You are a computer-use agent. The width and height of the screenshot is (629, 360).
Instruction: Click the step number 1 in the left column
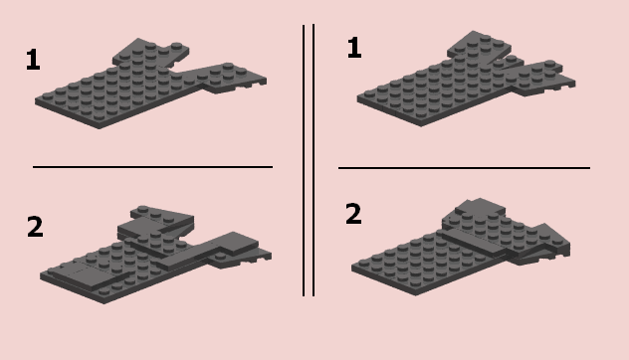click(33, 60)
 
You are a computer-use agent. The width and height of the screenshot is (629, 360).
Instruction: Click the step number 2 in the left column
click(35, 227)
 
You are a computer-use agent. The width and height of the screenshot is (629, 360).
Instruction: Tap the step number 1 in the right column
click(354, 48)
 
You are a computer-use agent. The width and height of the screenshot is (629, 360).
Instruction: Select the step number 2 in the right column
click(353, 214)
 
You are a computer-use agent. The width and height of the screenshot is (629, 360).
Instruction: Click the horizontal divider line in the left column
click(152, 167)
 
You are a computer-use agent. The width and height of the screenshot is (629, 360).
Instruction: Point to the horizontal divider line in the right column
click(464, 168)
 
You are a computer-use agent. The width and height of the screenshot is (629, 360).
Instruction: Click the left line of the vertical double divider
click(304, 160)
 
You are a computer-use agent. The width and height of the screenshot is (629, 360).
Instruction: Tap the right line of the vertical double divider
click(314, 160)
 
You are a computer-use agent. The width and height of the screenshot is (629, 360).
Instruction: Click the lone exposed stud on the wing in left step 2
click(219, 257)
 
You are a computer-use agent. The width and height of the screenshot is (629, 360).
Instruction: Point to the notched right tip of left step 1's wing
click(263, 82)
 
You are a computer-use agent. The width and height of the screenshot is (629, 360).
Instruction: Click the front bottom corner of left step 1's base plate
click(100, 128)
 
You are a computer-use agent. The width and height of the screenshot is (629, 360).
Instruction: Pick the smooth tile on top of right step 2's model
click(480, 207)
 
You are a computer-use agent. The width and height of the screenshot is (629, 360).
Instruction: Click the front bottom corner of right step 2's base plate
click(416, 295)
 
